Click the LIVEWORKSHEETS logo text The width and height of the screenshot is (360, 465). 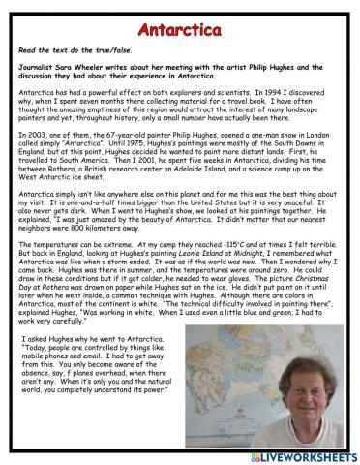306,455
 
